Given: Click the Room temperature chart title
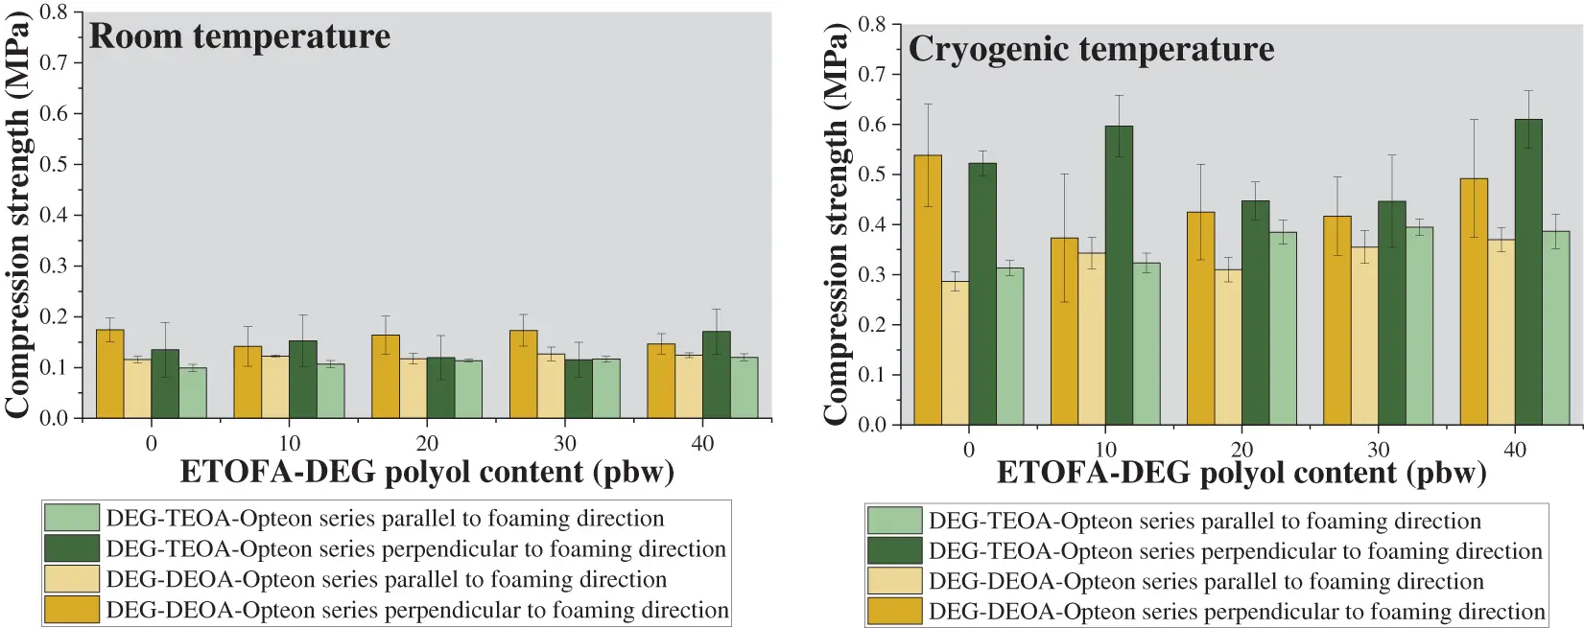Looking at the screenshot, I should [240, 36].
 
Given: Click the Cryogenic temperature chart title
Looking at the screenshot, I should [1091, 49].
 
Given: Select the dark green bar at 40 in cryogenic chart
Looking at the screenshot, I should [1528, 272].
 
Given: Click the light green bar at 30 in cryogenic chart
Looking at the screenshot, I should [1419, 326].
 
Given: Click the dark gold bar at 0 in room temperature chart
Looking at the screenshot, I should [110, 374].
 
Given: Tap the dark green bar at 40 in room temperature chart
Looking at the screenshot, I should [716, 375].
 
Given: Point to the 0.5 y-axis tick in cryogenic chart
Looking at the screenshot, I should [872, 174].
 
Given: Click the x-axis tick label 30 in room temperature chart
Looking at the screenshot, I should [565, 443].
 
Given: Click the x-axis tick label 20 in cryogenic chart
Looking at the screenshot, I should [1241, 450].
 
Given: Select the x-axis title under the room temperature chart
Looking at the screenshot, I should [427, 473].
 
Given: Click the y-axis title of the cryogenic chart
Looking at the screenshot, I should [836, 225].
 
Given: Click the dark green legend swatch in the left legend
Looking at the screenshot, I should [72, 548].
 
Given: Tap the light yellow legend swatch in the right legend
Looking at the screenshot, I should [894, 581].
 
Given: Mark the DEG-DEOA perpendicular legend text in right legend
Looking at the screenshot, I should [1237, 612].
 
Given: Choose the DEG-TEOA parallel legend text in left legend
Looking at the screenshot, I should [385, 519].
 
